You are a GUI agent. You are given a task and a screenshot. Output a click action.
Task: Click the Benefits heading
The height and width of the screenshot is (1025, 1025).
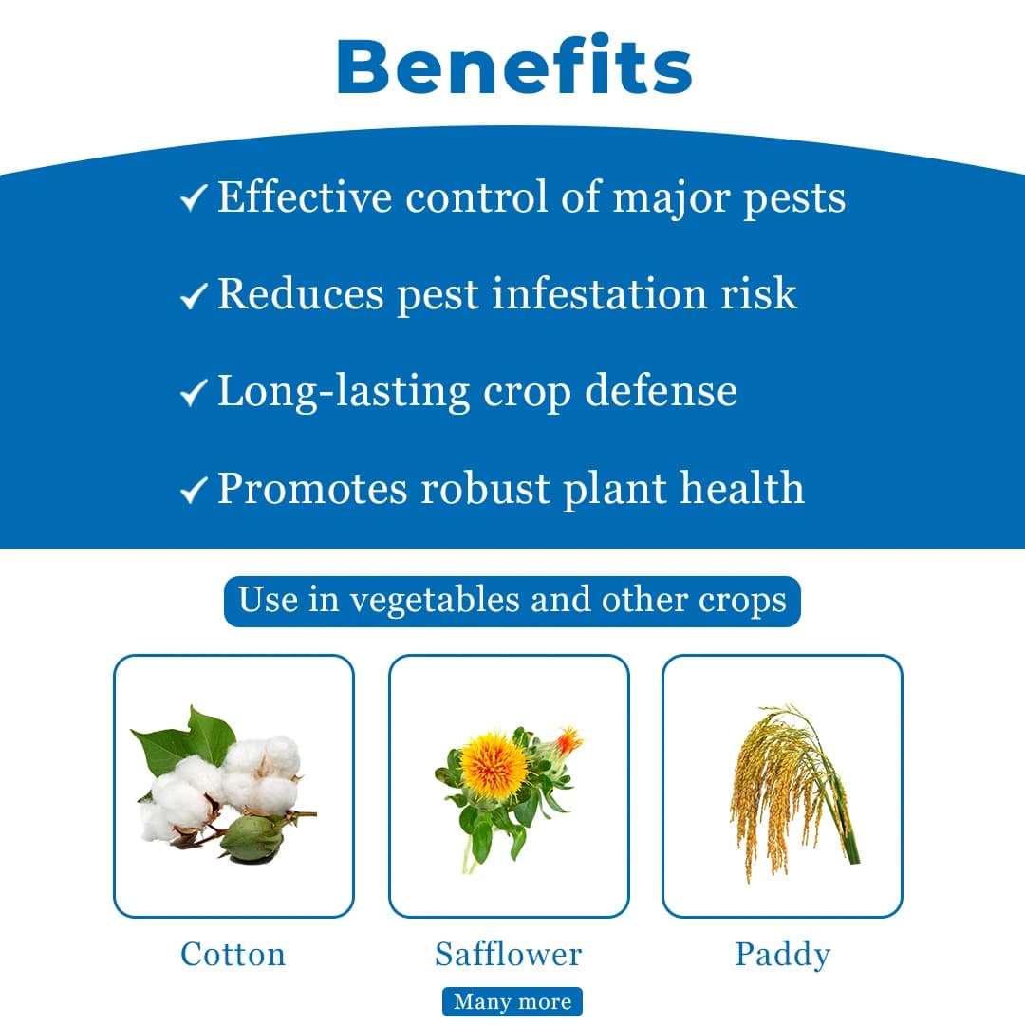click(x=513, y=65)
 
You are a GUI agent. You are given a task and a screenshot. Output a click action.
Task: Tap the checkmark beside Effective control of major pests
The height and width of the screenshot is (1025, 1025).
click(x=193, y=198)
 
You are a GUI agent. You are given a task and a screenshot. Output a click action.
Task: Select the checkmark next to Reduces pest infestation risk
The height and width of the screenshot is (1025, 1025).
click(x=193, y=296)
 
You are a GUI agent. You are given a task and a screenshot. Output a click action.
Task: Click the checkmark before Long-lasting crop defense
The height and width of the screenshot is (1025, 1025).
click(x=193, y=392)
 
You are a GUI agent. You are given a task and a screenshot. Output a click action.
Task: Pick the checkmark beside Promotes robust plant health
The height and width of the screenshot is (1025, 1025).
click(x=193, y=490)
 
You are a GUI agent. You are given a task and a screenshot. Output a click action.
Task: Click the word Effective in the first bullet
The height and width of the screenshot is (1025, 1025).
click(x=305, y=196)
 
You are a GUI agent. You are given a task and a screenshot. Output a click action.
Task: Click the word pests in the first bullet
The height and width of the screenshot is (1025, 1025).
click(x=793, y=198)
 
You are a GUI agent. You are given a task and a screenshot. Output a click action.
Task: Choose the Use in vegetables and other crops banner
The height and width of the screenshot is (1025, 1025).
click(x=512, y=601)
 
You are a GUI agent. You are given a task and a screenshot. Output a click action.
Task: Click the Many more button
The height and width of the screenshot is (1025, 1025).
click(x=512, y=1002)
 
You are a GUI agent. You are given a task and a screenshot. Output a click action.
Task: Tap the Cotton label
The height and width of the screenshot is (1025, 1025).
click(x=233, y=954)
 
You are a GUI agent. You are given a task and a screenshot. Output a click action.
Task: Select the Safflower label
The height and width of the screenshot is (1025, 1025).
click(x=509, y=954)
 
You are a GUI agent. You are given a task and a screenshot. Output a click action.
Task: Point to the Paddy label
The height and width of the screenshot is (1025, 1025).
click(x=782, y=954)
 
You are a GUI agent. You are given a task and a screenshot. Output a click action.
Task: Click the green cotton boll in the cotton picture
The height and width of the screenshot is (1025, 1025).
click(x=251, y=837)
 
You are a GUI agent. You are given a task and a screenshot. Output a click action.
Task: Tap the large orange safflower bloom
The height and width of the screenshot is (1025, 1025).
click(x=494, y=764)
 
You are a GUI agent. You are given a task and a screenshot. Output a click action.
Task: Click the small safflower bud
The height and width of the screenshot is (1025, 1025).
click(x=567, y=740)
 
